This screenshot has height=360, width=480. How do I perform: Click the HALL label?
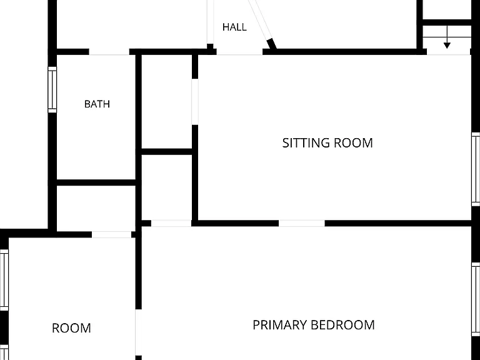pos(234,27)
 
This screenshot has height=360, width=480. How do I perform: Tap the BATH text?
pos(97,104)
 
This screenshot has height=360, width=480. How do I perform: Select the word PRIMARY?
pos(280,325)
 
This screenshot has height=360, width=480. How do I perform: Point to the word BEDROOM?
pos(342,325)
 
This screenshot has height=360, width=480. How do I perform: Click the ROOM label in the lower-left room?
pos(71,328)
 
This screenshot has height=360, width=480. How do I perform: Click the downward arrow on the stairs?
pos(447,37)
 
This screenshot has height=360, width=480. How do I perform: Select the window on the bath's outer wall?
pos(52,89)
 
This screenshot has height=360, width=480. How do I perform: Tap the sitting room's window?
pos(476,169)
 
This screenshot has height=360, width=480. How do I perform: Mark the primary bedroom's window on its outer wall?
pos(476,299)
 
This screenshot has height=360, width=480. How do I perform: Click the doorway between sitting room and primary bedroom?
pos(301,223)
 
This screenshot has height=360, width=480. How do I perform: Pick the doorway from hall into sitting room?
pos(239,52)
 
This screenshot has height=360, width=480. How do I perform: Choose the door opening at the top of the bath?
pos(109,52)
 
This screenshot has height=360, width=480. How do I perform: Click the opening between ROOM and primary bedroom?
pos(138,332)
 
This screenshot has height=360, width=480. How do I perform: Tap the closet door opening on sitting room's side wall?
pos(195,102)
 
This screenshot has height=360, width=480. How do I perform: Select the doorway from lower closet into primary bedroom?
pos(171,223)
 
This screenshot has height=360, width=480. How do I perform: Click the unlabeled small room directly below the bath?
pos(96,209)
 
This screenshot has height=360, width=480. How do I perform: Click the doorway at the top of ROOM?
pos(111,234)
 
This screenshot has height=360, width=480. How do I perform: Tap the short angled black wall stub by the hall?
pos(271,44)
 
